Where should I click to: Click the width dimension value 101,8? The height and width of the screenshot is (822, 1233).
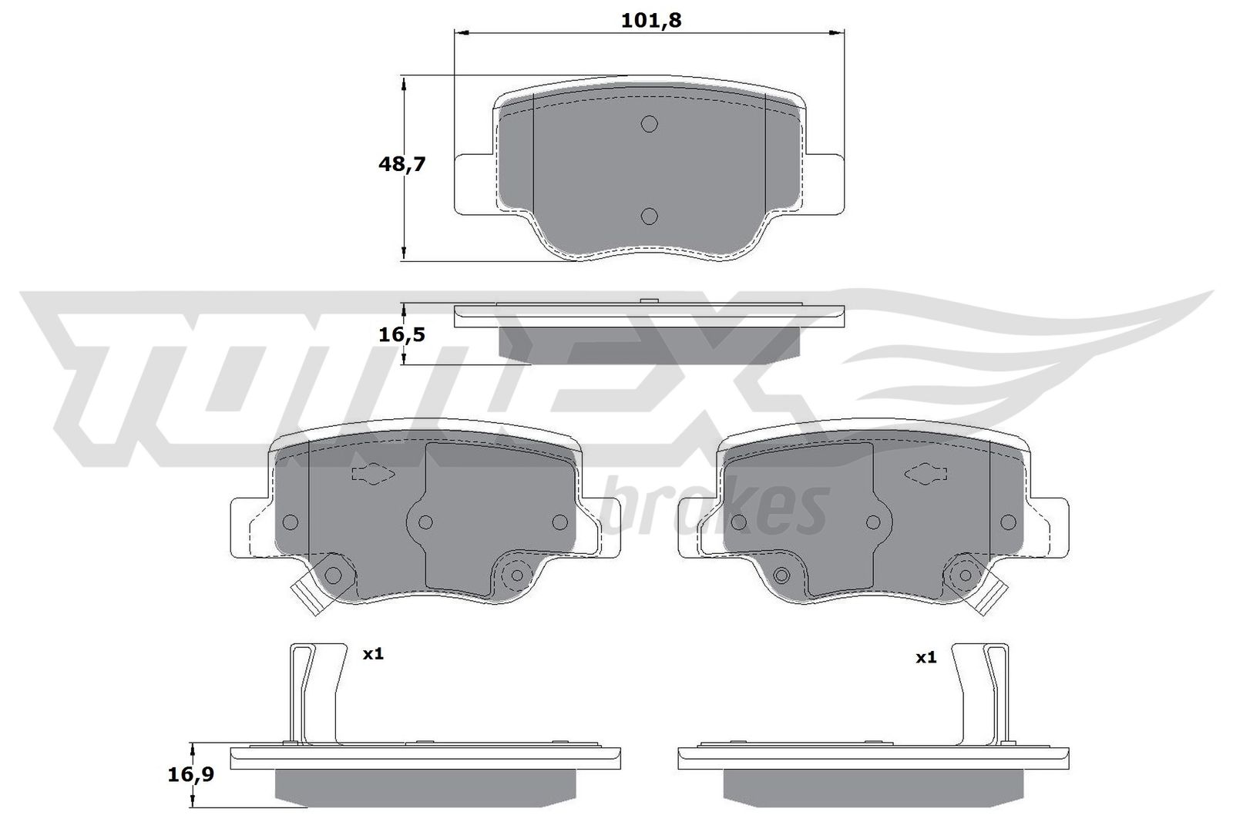pyautogui.click(x=651, y=21)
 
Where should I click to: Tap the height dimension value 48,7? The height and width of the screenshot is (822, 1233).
pyautogui.click(x=401, y=164)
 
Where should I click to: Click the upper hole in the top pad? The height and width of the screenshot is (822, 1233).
pyautogui.click(x=649, y=124)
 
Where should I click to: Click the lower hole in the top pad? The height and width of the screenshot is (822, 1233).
pyautogui.click(x=649, y=216)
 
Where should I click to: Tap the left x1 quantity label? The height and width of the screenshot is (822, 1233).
pyautogui.click(x=373, y=654)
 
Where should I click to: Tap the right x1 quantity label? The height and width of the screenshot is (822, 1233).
pyautogui.click(x=926, y=657)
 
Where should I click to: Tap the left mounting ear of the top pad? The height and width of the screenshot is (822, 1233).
pyautogui.click(x=472, y=183)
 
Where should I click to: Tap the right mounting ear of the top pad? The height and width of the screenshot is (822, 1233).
pyautogui.click(x=825, y=183)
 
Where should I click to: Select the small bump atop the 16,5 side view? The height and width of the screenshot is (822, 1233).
pyautogui.click(x=648, y=301)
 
